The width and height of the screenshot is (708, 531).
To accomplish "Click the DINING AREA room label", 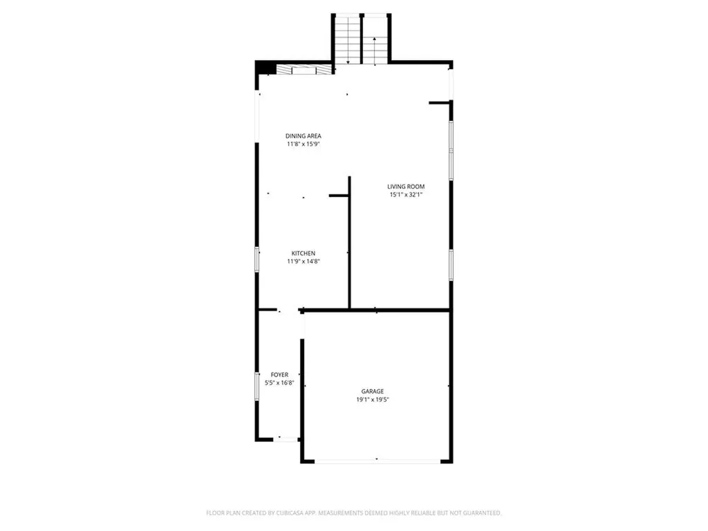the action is pyautogui.click(x=303, y=136).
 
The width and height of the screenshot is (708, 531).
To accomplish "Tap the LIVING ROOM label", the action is pyautogui.click(x=406, y=187).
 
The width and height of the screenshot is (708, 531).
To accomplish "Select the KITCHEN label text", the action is pyautogui.click(x=304, y=253).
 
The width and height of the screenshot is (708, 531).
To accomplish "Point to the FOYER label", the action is pyautogui.click(x=279, y=375).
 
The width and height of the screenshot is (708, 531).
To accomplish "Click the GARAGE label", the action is pyautogui.click(x=373, y=391).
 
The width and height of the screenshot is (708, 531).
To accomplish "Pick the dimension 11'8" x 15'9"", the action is pyautogui.click(x=304, y=144).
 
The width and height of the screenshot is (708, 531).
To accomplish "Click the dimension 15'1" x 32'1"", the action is pyautogui.click(x=406, y=194).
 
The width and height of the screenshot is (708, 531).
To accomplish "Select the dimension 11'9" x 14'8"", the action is pyautogui.click(x=304, y=261).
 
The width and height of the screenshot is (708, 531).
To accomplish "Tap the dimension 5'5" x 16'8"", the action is pyautogui.click(x=279, y=383).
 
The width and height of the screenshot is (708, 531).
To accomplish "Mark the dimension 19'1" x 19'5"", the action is pyautogui.click(x=373, y=400).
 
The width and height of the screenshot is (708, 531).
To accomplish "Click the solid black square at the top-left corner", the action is pyautogui.click(x=266, y=67).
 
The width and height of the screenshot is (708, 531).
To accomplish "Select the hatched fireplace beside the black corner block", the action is pyautogui.click(x=304, y=70).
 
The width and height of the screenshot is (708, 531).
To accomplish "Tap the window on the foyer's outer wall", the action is pyautogui.click(x=257, y=386).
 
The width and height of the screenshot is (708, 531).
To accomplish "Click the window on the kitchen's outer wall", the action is pyautogui.click(x=257, y=259).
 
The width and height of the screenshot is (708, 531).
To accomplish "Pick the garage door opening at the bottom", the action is pyautogui.click(x=377, y=461).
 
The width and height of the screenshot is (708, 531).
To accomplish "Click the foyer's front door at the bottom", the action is pyautogui.click(x=286, y=438).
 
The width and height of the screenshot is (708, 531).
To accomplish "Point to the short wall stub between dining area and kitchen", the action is pyautogui.click(x=339, y=196).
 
